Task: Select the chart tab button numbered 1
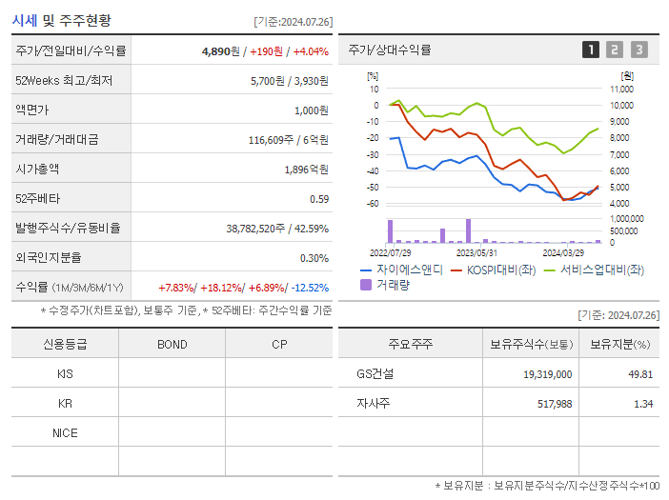coord(591,50)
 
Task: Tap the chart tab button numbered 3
coord(639,50)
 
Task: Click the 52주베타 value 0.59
coord(318,199)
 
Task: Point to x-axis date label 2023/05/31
coord(476,253)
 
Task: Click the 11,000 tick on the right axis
coord(620,89)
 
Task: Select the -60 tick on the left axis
coord(373,203)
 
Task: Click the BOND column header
coord(172,345)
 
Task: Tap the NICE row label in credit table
coord(65,433)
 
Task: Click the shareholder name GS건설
coord(375,374)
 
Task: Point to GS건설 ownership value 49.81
coord(639,374)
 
